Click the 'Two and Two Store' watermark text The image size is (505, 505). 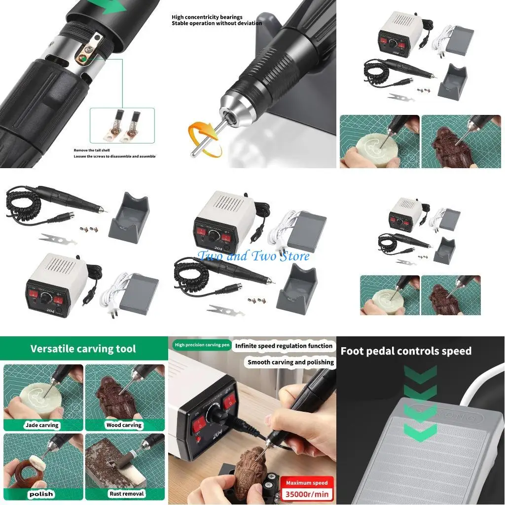pos(253,256)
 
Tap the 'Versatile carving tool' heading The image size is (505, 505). pos(83,349)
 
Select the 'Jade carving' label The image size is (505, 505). pos(41,425)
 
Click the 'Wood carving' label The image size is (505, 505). pos(124,425)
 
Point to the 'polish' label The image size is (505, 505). pos(41,494)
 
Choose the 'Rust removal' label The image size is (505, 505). pos(126,493)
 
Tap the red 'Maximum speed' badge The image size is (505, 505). pos(307,483)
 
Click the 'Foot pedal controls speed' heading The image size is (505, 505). pos(406,351)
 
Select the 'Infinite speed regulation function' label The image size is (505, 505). pos(284,346)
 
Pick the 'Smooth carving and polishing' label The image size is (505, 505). pos(290,362)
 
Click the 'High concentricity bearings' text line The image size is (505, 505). pos(207,17)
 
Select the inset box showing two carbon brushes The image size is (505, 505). pos(122,127)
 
